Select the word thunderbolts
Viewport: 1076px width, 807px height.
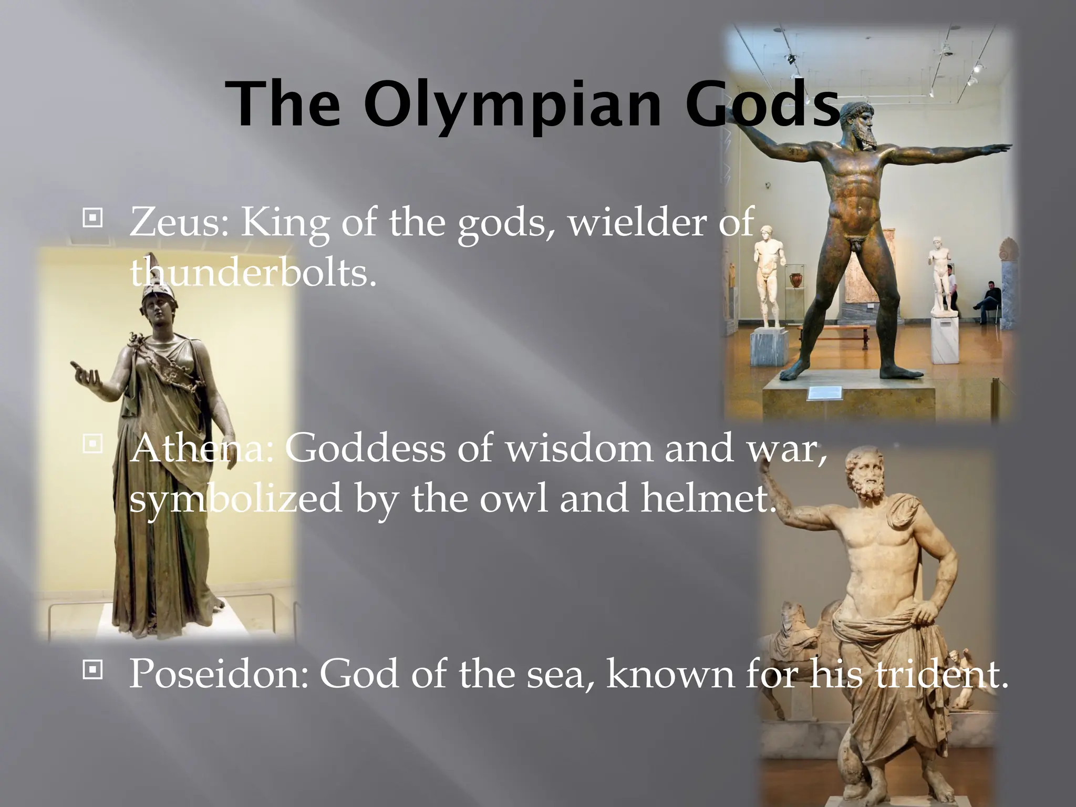[x=253, y=273]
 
